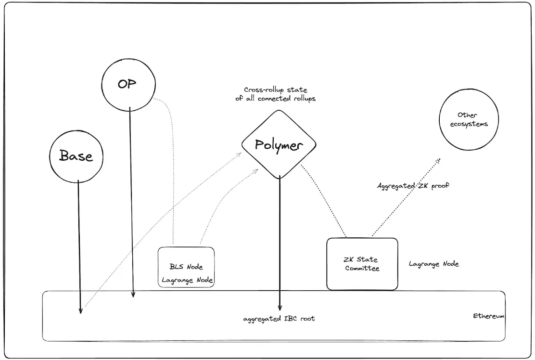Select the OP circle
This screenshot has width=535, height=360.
pyautogui.click(x=128, y=85)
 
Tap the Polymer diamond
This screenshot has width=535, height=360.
pyautogui.click(x=279, y=144)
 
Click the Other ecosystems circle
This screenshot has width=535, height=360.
pyautogui.click(x=469, y=119)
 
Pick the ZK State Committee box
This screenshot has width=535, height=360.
pyautogui.click(x=362, y=264)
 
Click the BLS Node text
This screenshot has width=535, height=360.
pyautogui.click(x=186, y=267)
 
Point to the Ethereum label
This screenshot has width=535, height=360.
pyautogui.click(x=488, y=316)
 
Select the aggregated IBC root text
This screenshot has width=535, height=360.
pyautogui.click(x=279, y=319)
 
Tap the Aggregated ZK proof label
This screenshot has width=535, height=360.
pyautogui.click(x=413, y=185)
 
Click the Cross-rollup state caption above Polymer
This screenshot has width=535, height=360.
pyautogui.click(x=276, y=94)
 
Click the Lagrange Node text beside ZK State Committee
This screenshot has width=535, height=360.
pyautogui.click(x=433, y=264)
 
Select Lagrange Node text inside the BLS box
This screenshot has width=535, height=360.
pyautogui.click(x=187, y=280)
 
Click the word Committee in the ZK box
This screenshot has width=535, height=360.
pyautogui.click(x=362, y=268)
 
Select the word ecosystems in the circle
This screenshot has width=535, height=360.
pyautogui.click(x=469, y=124)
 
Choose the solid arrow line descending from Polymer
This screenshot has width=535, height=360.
pyautogui.click(x=280, y=241)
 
